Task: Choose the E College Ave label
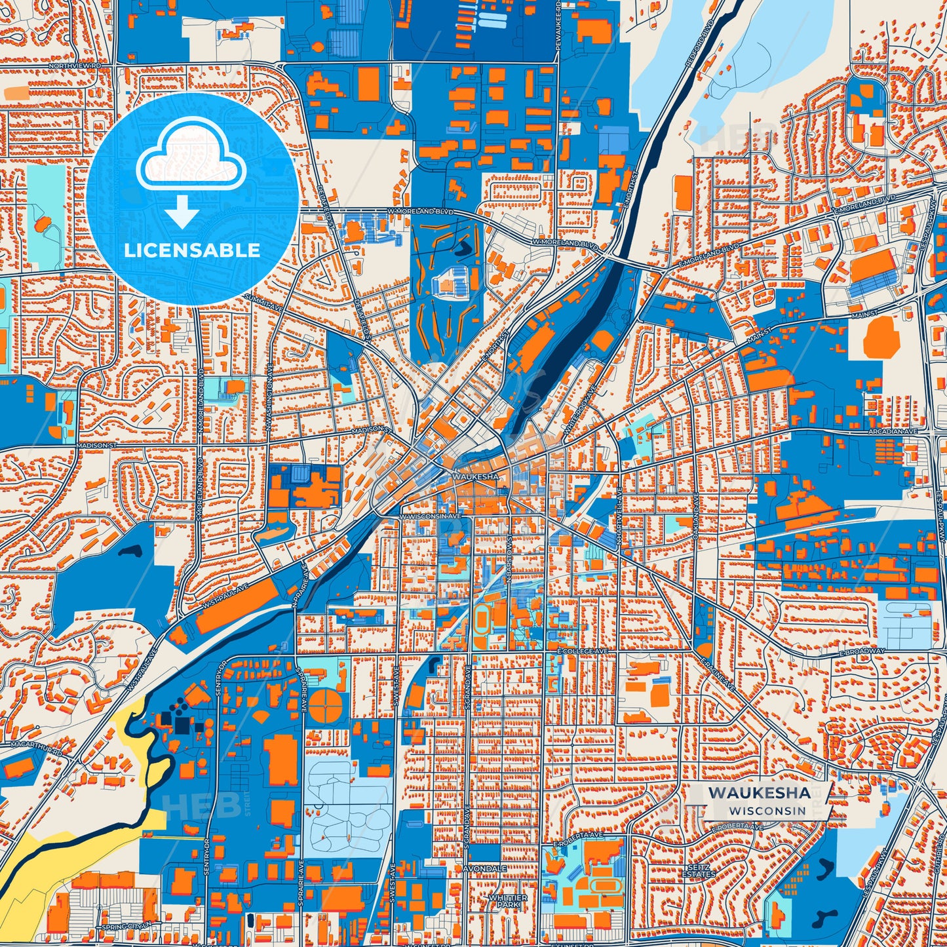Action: pyautogui.click(x=583, y=651)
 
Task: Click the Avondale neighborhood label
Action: pyautogui.click(x=484, y=868)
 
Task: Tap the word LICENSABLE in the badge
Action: pyautogui.click(x=192, y=250)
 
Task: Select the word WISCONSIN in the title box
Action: pyautogui.click(x=765, y=811)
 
